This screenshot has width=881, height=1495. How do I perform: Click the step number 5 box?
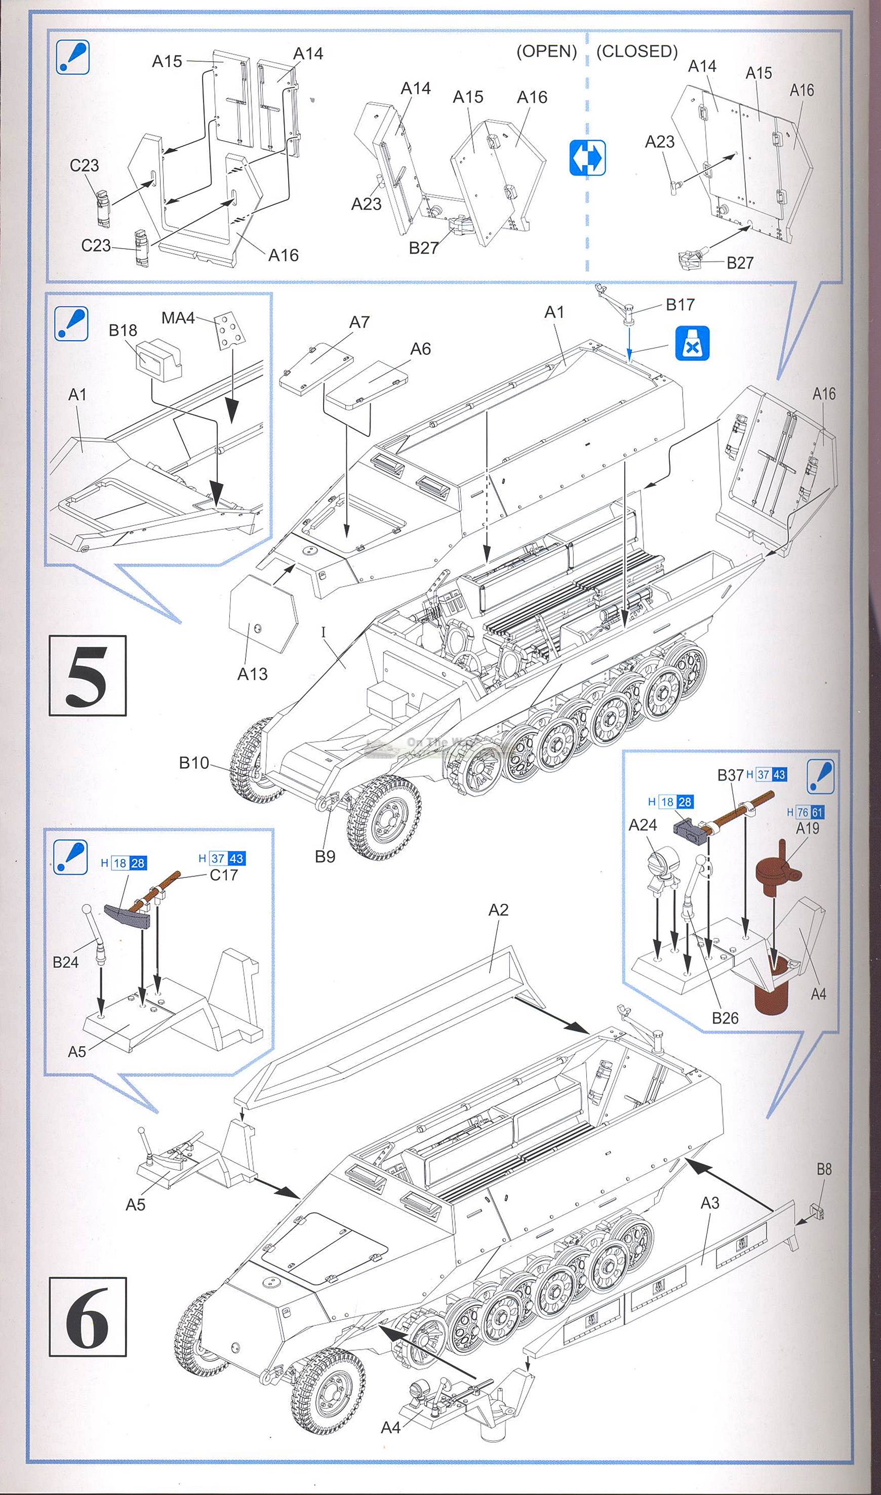click(87, 675)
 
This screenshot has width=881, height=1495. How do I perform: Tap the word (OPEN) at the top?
click(546, 52)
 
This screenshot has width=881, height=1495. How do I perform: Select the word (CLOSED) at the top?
click(636, 52)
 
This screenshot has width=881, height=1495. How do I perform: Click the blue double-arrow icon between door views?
click(587, 158)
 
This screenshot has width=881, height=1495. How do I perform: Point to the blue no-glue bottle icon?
click(692, 343)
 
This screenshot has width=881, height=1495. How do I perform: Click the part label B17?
click(680, 305)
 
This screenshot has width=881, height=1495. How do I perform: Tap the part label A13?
click(252, 674)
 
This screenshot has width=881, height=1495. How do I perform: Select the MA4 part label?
click(178, 318)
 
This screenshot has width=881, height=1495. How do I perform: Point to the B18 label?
click(123, 330)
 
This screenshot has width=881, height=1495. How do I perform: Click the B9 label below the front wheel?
click(326, 857)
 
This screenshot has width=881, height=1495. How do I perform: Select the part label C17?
click(224, 875)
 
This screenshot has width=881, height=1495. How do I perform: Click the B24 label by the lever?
click(65, 962)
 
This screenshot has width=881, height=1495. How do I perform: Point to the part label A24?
click(643, 825)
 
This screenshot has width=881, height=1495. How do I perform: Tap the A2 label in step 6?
click(498, 910)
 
